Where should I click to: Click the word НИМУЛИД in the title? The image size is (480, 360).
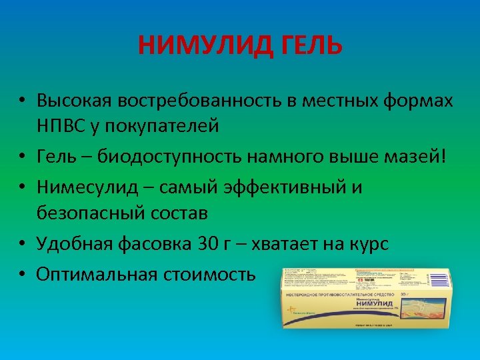[196, 46]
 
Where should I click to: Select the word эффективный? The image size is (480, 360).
[273, 187]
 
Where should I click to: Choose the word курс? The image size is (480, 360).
[367, 243]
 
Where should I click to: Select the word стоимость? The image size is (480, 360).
[211, 273]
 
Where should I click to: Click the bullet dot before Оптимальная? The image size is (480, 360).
[22, 273]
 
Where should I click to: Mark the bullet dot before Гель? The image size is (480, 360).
[22, 156]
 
